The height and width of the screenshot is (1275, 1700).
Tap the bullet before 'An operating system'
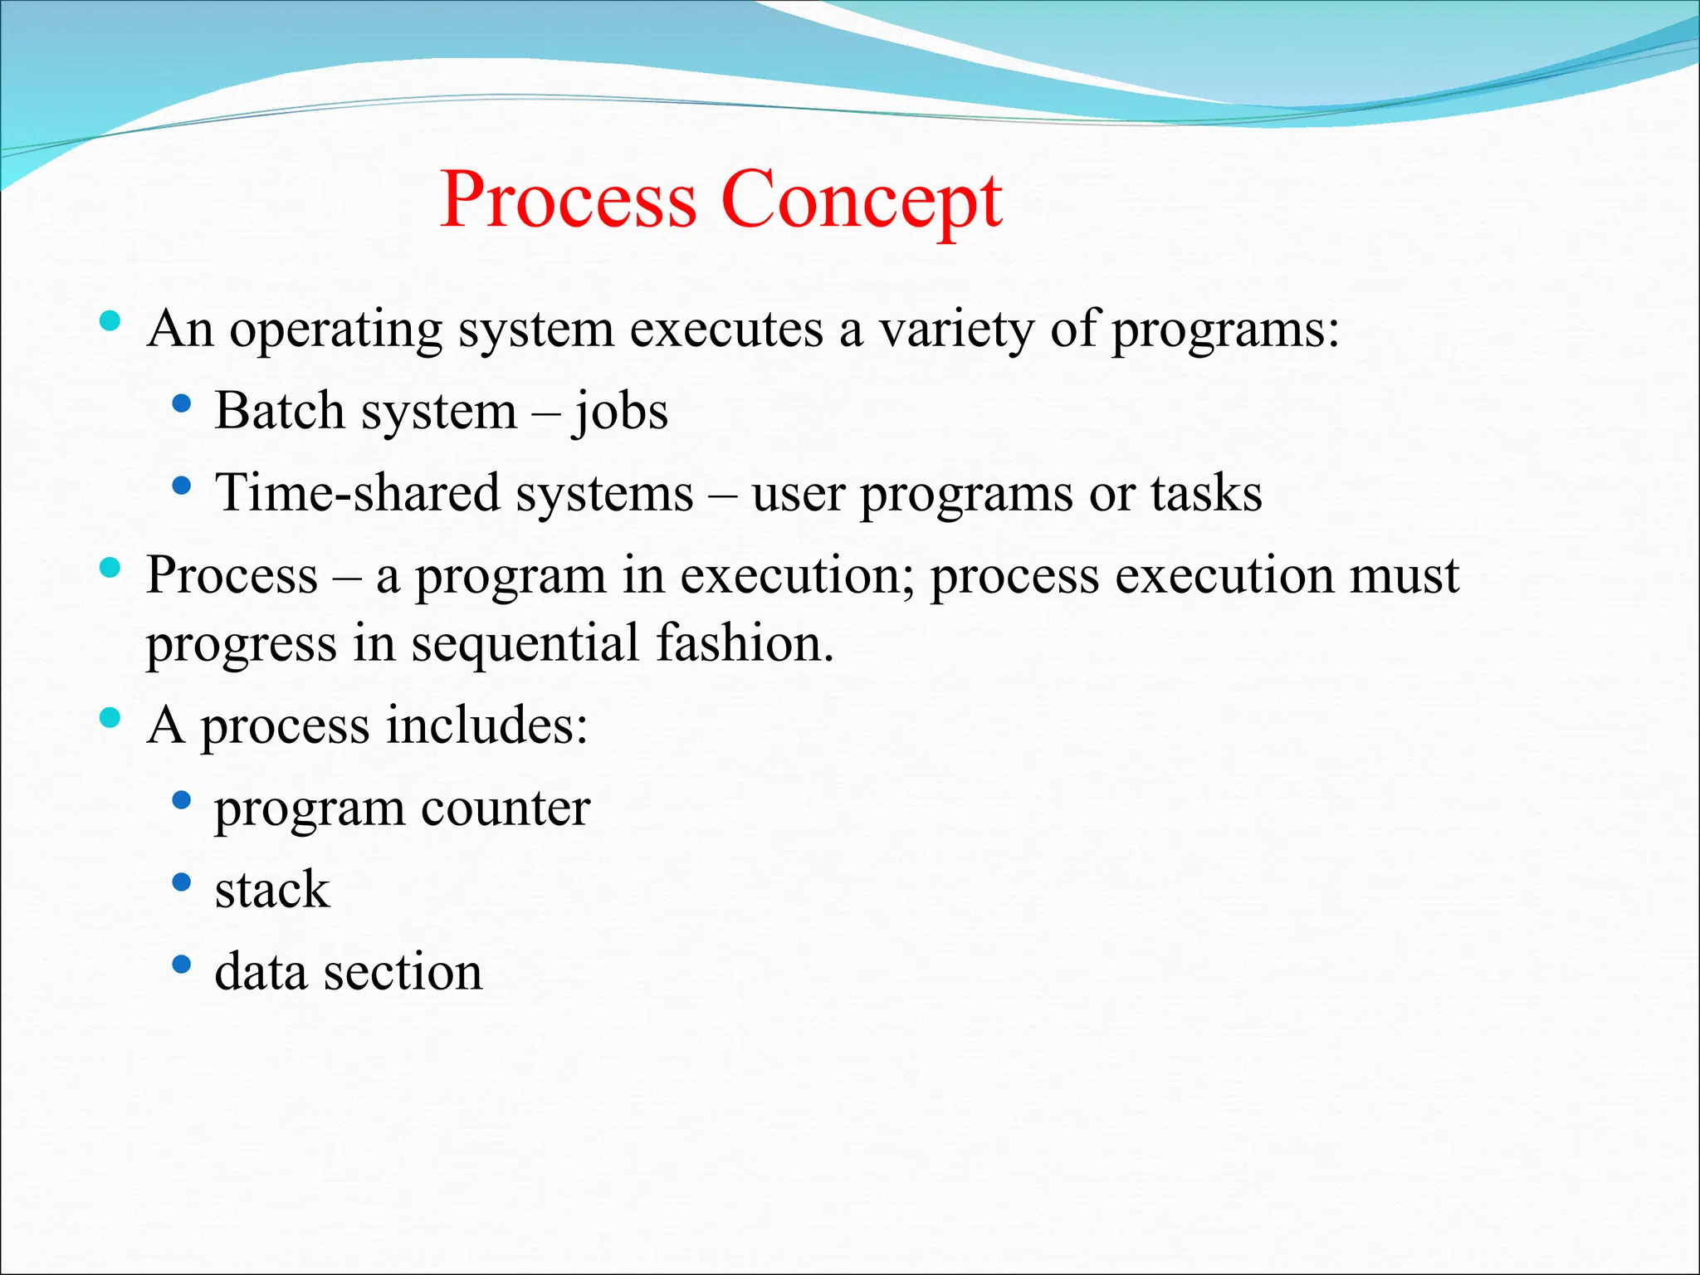click(110, 321)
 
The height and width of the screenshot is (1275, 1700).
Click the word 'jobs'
click(619, 412)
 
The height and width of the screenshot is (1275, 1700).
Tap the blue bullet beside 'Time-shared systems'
click(181, 485)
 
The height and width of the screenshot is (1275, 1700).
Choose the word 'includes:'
click(487, 724)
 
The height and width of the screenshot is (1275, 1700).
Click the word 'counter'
click(506, 807)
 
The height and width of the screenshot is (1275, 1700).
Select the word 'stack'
click(272, 889)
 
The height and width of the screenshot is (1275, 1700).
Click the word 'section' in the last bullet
click(403, 971)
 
